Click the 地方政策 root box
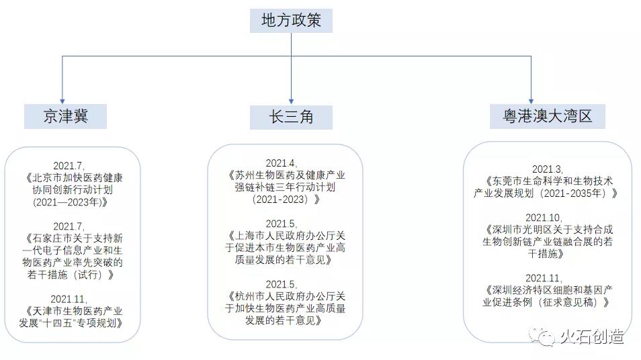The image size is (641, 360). (290, 20)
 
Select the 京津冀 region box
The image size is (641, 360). (65, 116)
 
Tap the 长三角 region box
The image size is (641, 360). (291, 116)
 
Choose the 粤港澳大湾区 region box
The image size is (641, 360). (547, 116)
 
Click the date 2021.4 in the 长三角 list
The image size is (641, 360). (281, 163)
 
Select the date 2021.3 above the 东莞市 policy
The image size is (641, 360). (547, 169)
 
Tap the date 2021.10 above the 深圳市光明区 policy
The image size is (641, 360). (547, 218)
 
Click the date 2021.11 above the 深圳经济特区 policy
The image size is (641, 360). (547, 278)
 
